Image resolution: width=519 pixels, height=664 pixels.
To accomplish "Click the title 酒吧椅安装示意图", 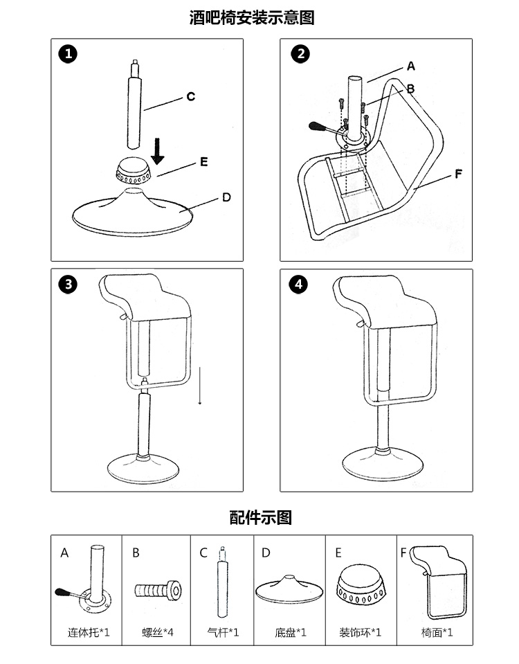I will pos(252,17).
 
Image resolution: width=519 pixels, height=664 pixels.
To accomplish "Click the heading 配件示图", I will pos(260,517).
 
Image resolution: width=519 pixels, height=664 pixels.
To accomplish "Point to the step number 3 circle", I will pos(68,285).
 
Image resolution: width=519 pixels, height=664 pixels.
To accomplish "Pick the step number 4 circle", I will pos(298,285).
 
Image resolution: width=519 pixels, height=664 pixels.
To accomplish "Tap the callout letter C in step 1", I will pos(190,97).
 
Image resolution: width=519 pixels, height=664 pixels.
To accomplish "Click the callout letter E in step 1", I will pos(203,163).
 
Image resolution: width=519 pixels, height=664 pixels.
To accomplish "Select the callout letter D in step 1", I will pos(226,198).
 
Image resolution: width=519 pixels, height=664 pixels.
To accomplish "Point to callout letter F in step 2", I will pos(457,174).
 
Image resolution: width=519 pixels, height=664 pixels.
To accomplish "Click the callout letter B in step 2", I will pos(410,89).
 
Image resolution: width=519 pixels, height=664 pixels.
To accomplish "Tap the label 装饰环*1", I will pos(360,632).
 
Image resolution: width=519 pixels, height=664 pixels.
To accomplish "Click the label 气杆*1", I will pos(224,632).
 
